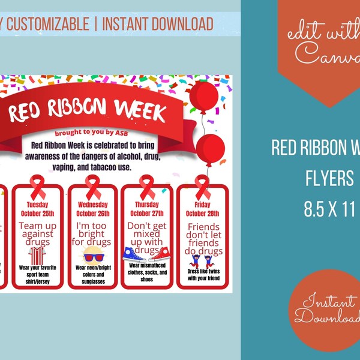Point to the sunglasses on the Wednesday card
[95, 257]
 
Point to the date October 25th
[41, 214]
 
